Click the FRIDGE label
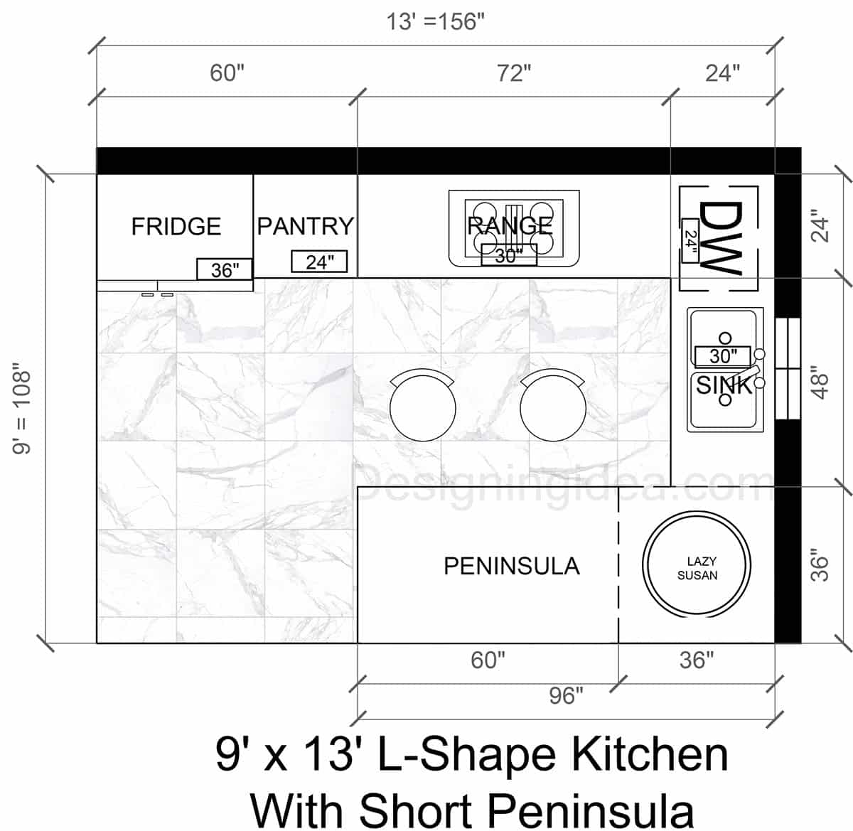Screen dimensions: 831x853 (x=176, y=226)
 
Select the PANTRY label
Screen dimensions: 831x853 (x=305, y=226)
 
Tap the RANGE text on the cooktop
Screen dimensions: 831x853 (x=509, y=225)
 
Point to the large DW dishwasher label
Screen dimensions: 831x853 (x=719, y=237)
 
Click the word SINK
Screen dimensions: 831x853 (x=724, y=385)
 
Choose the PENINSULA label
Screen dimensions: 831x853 (x=511, y=566)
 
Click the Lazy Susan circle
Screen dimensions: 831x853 (x=697, y=567)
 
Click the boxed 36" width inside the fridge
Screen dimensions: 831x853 (x=224, y=269)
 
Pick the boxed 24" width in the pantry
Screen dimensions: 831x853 (x=319, y=262)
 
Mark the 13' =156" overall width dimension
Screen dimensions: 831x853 (x=435, y=22)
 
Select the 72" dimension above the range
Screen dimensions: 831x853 (x=513, y=73)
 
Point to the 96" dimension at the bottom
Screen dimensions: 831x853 (x=566, y=695)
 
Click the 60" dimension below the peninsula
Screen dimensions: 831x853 (x=488, y=660)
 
